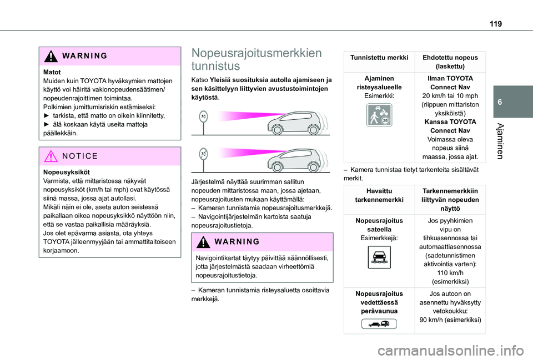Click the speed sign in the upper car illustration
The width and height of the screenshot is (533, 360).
pos(204,116)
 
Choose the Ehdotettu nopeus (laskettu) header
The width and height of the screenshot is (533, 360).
pos(450,62)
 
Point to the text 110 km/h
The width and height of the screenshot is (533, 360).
pos(450,273)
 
